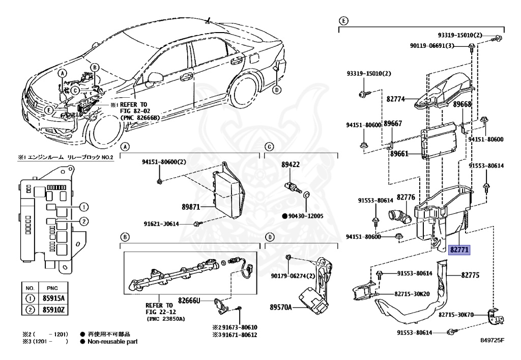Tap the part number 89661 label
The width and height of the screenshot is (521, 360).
(399, 153)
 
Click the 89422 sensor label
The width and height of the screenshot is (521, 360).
(291, 165)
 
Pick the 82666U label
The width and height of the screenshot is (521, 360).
(189, 300)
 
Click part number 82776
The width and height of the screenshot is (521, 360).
(406, 197)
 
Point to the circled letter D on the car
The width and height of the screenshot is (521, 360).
(277, 90)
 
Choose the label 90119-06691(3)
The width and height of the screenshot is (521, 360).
(431, 46)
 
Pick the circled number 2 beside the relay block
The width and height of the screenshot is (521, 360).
(83, 221)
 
